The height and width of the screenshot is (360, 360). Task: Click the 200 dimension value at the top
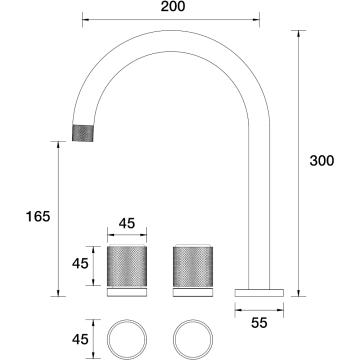173,6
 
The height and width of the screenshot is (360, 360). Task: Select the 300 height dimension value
322,161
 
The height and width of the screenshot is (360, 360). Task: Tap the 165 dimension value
38,217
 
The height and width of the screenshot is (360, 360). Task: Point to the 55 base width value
259,323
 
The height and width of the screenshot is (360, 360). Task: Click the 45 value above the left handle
127,223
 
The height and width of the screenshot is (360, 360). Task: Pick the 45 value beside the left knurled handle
80,264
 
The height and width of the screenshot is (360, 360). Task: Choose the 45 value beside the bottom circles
80,339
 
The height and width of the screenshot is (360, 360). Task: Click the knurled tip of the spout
83,133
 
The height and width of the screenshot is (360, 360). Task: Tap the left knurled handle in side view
127,266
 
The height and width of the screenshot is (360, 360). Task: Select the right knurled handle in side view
193,266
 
